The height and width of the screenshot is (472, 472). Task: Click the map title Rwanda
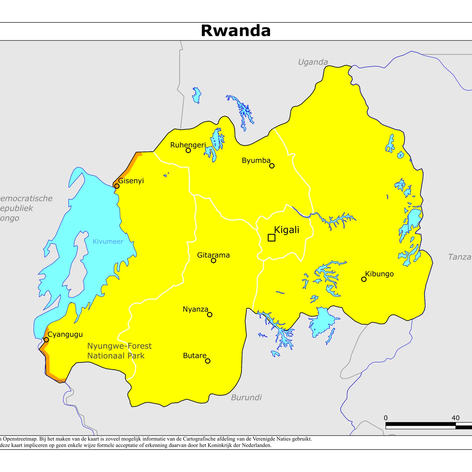[x=236, y=31]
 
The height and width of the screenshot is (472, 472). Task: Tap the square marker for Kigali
[x=271, y=237]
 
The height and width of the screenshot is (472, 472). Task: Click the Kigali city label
[x=286, y=230]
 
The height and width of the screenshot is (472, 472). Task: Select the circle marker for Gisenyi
[x=117, y=186]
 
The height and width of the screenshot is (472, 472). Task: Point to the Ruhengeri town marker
[x=188, y=150]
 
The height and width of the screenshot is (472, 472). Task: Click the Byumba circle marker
[x=272, y=166]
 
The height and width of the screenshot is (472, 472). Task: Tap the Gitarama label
[x=213, y=255]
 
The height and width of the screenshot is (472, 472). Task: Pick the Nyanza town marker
[x=209, y=314]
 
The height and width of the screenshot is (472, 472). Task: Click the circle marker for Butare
[x=208, y=361]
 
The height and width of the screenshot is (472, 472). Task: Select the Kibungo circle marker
[x=364, y=279]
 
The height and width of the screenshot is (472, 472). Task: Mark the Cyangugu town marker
[x=46, y=340]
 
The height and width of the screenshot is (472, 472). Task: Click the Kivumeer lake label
[x=108, y=241]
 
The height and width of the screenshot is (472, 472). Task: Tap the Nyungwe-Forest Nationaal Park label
[x=119, y=351]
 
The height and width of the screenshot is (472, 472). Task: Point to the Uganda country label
[x=313, y=62]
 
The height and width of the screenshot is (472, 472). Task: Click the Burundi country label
[x=246, y=397]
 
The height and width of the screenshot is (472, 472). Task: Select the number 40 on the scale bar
[x=455, y=418]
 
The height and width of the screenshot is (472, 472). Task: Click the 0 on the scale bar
[x=386, y=418]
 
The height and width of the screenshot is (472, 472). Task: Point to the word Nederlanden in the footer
[x=256, y=445]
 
